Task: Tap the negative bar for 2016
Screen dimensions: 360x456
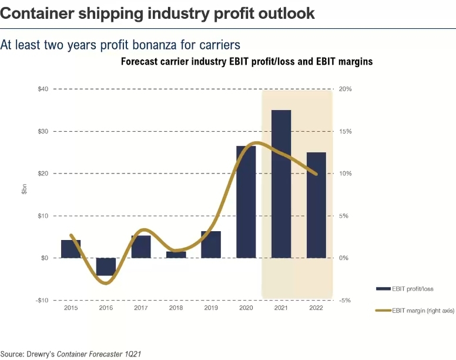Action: [x=106, y=266]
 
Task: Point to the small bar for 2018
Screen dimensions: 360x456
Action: [x=176, y=255]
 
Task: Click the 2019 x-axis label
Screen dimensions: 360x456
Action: [x=211, y=308]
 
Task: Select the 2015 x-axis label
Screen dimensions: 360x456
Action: [x=71, y=308]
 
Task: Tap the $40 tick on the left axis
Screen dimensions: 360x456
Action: [x=43, y=89]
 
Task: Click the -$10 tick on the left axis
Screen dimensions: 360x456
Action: [x=42, y=300]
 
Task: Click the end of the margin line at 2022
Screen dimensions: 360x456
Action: [x=317, y=174]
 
